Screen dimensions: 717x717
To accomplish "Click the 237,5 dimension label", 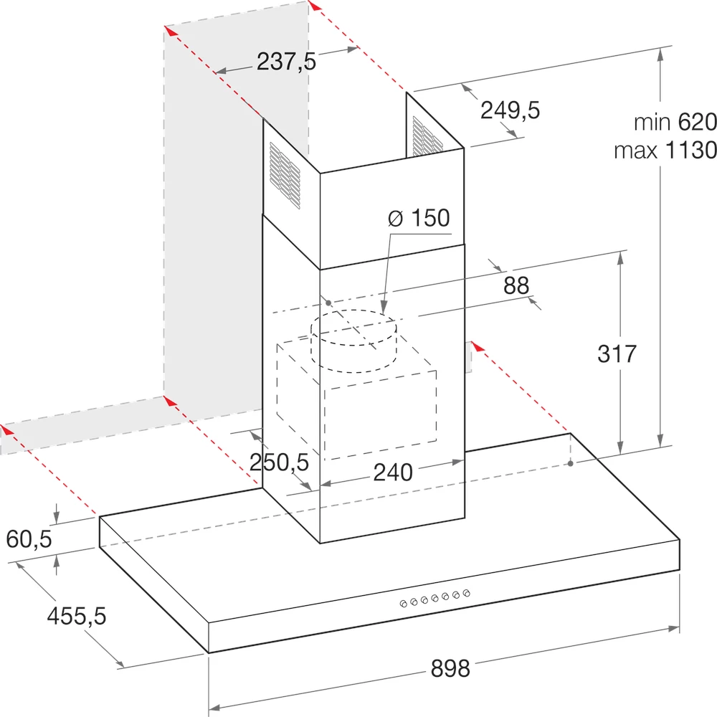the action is (x=286, y=62).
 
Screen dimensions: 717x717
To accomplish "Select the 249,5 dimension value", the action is (x=510, y=110).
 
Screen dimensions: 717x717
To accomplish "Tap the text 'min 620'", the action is (x=675, y=122).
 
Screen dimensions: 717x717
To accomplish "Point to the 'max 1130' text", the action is (x=665, y=151).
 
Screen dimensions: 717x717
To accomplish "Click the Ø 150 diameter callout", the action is (x=419, y=218).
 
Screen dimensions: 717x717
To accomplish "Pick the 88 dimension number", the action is (x=516, y=285).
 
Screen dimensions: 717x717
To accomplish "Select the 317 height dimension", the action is (x=617, y=354).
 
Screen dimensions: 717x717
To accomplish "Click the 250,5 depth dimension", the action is (x=279, y=462).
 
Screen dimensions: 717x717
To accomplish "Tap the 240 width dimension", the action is (x=393, y=473).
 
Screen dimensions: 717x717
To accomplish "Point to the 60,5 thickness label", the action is (x=29, y=539).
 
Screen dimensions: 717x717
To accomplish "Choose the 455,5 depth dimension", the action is (x=77, y=615).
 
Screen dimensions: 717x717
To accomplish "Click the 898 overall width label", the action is (x=450, y=668).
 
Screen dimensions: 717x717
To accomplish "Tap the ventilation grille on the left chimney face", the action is (x=285, y=176).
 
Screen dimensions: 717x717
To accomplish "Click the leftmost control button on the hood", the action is (x=403, y=604).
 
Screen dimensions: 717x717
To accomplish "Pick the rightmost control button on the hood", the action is (x=467, y=593).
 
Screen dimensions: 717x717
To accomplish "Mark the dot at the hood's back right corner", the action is (x=571, y=464).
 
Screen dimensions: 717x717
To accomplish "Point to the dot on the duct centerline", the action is (x=328, y=303).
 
